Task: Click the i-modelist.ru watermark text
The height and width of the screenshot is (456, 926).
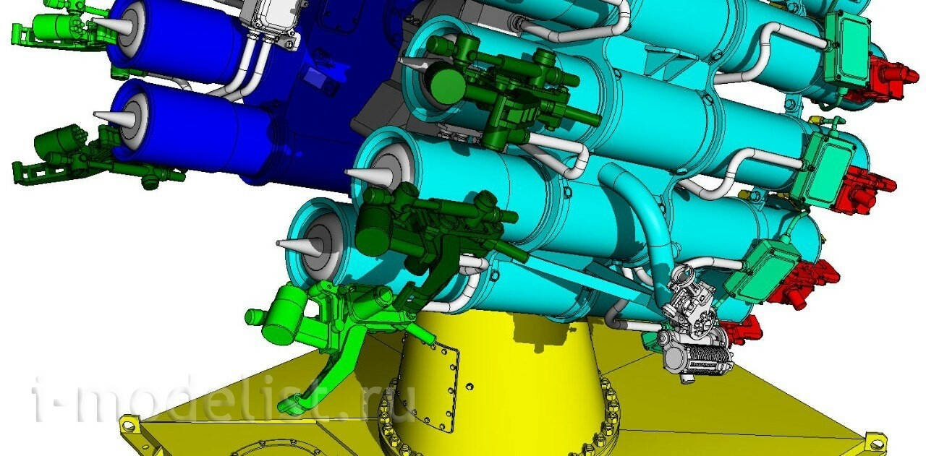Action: pos(224,399)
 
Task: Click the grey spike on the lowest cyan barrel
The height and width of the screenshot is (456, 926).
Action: pos(299,246)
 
